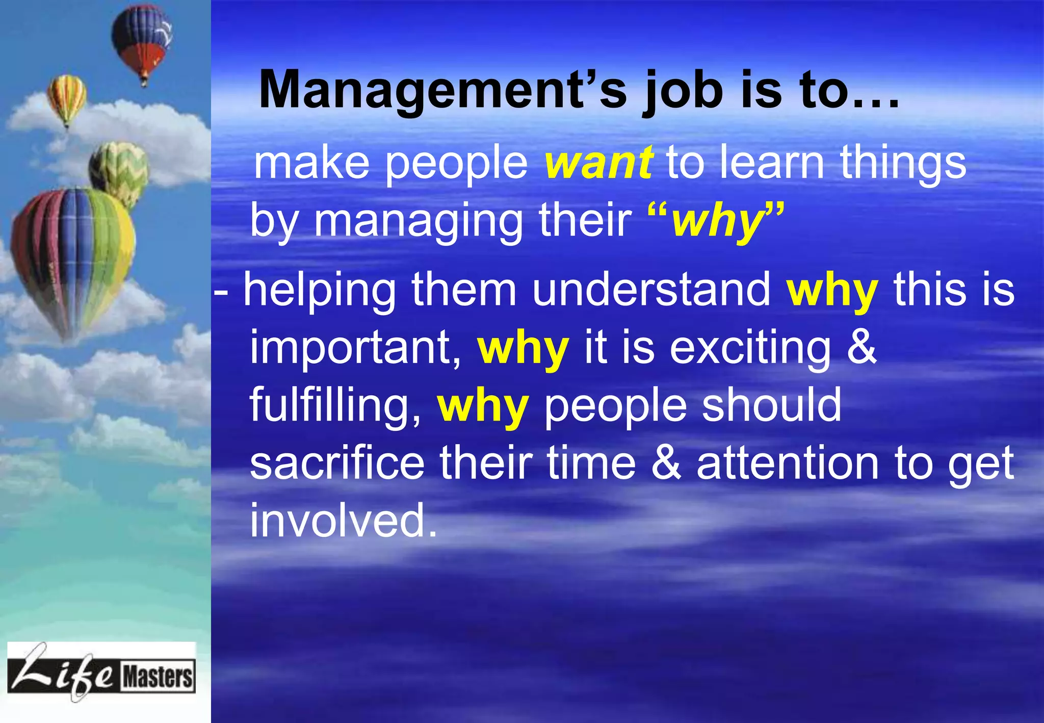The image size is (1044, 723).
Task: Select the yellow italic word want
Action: pyautogui.click(x=598, y=163)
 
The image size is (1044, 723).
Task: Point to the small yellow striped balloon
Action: pyautogui.click(x=67, y=97)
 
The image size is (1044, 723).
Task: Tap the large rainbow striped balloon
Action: pyautogui.click(x=73, y=255)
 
